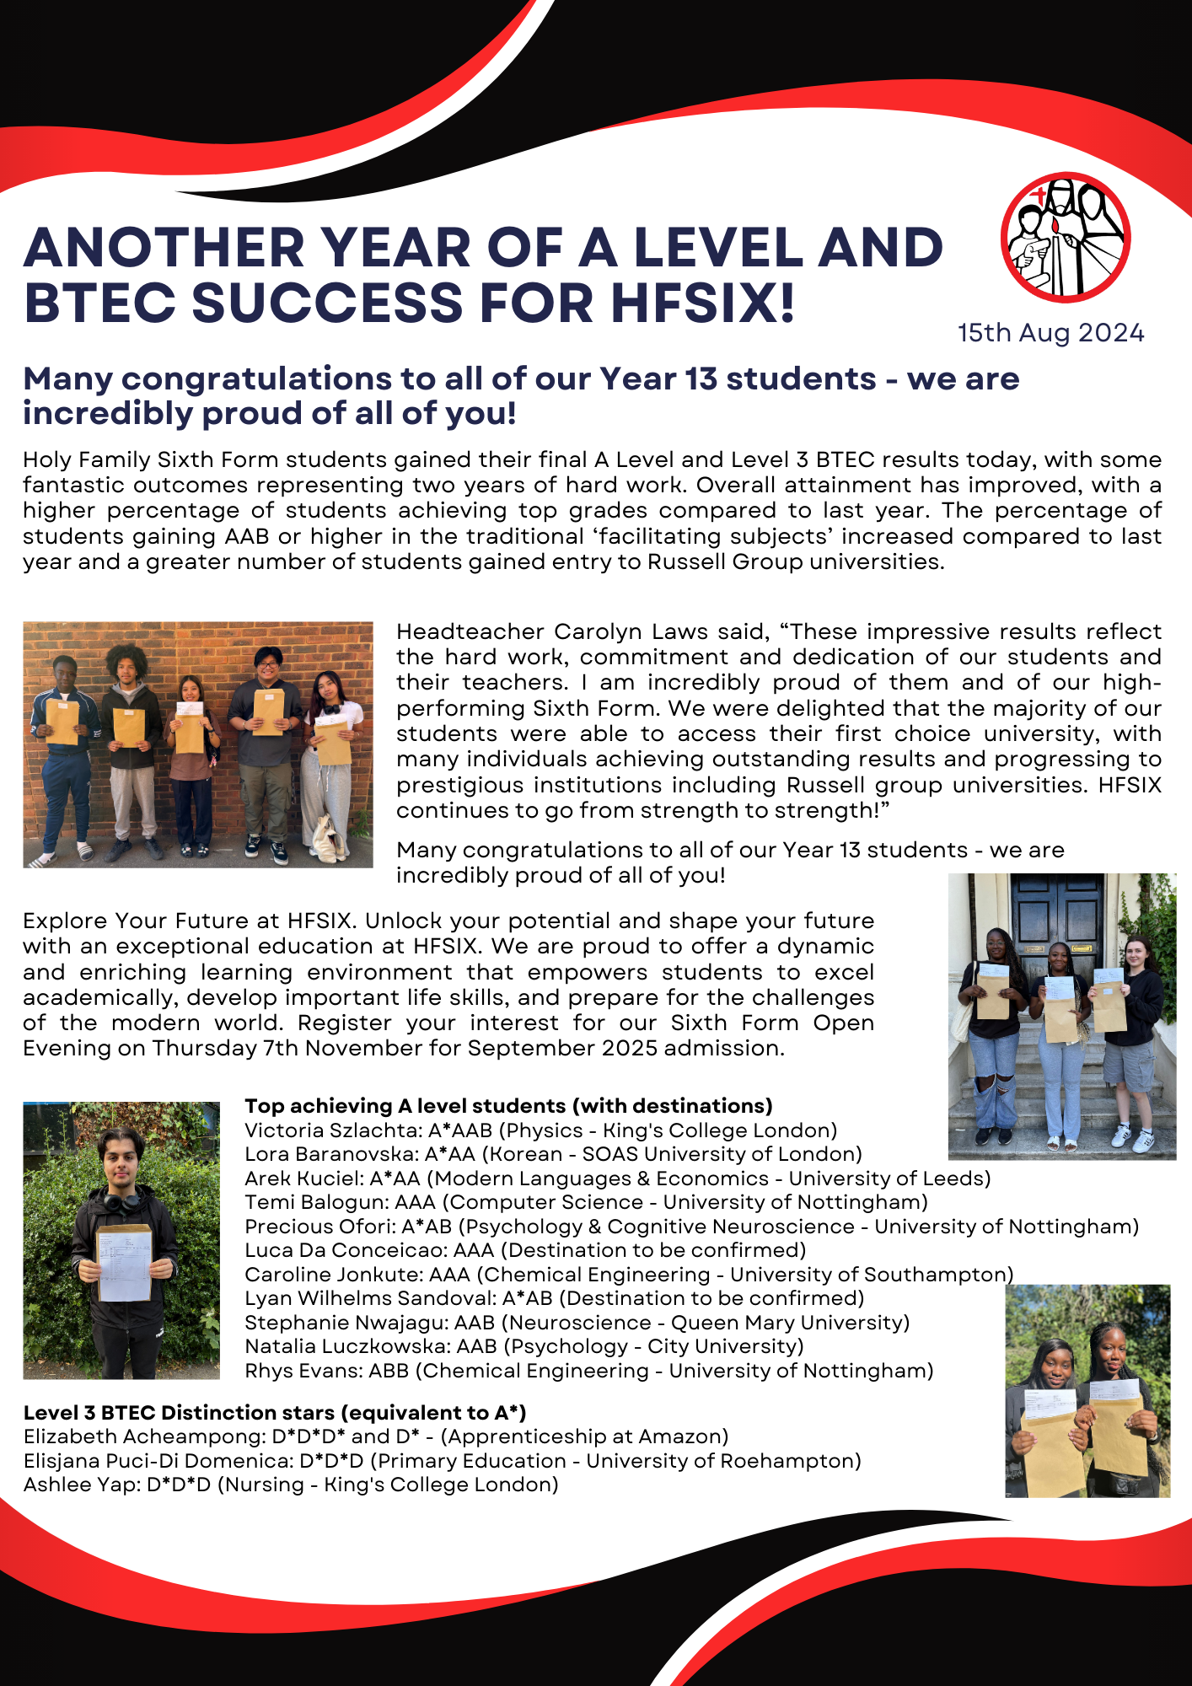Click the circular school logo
pos(1066,237)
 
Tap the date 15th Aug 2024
pos(1050,333)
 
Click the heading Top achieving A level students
pos(508,1106)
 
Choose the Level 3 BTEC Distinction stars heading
pos(275,1413)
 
